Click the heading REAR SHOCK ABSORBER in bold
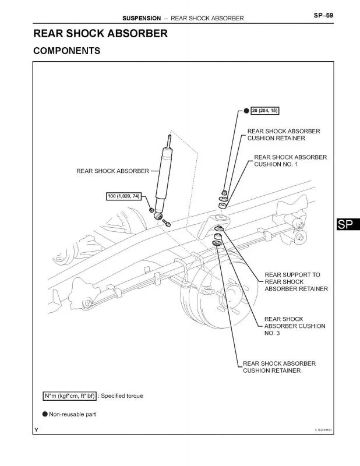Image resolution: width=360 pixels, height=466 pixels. [100, 33]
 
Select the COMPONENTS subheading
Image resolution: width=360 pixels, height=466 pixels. [66, 51]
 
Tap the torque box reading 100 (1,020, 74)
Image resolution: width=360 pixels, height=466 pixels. [123, 196]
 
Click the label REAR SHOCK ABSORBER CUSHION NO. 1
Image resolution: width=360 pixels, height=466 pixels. [290, 161]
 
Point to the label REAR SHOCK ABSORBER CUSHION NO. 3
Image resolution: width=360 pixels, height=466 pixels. [294, 326]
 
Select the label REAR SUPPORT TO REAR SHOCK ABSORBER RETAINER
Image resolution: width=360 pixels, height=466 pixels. [296, 281]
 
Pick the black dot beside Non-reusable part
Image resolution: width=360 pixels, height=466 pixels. [44, 414]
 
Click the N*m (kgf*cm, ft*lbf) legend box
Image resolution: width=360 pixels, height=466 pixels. [70, 396]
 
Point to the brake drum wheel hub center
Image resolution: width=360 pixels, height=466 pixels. [231, 291]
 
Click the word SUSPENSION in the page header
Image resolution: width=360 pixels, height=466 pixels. [141, 18]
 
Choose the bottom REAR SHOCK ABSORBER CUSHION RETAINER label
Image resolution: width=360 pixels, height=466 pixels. [279, 366]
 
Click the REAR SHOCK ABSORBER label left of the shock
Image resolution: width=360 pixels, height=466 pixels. [112, 171]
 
